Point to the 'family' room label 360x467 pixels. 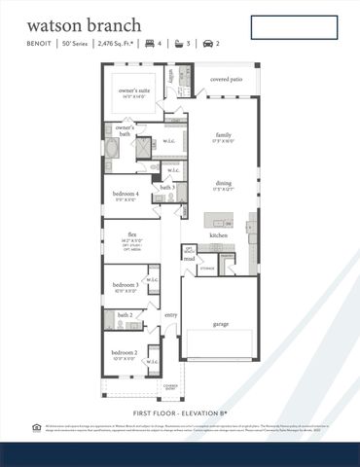tap(224, 135)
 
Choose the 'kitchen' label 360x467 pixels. tap(219, 235)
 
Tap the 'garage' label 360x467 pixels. tap(221, 324)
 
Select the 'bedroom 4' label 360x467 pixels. tap(126, 194)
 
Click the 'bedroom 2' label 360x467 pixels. tap(123, 351)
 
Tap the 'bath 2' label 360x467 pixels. tap(125, 315)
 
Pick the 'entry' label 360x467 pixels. tap(171, 314)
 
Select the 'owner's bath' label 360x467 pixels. tap(125, 127)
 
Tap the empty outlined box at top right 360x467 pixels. tap(294, 27)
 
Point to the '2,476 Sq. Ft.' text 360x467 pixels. tap(119, 44)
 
